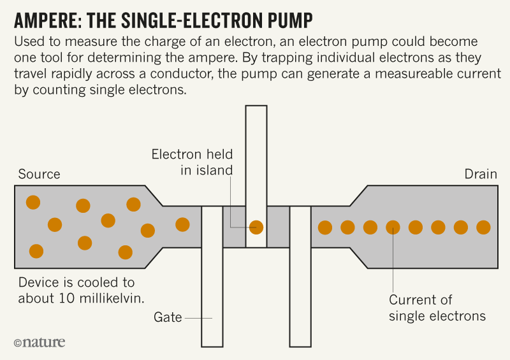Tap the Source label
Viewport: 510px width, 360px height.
[x=39, y=175]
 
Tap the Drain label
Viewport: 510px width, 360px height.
[x=480, y=175]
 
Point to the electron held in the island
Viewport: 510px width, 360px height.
[x=256, y=226]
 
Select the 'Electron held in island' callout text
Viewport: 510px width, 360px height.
[x=192, y=162]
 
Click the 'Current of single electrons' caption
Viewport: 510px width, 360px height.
[x=437, y=308]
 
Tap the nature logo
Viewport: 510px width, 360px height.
[x=39, y=343]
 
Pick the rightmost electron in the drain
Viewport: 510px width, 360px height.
[x=483, y=227]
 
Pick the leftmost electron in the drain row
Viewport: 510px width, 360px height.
[x=324, y=227]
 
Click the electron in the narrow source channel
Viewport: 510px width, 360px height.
[x=182, y=224]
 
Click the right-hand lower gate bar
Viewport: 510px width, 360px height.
[x=300, y=280]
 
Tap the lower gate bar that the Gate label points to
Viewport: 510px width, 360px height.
[x=212, y=280]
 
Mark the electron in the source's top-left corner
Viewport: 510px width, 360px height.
[x=33, y=203]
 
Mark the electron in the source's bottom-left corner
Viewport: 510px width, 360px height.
[x=36, y=251]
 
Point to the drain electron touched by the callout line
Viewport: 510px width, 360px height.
[x=393, y=227]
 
